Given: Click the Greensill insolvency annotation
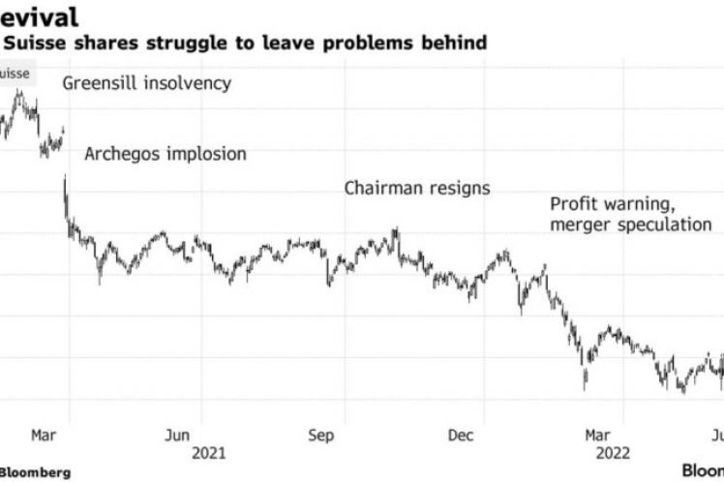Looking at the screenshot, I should pyautogui.click(x=147, y=83).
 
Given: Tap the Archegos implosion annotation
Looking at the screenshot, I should pyautogui.click(x=166, y=154).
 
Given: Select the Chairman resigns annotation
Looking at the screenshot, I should pyautogui.click(x=417, y=188).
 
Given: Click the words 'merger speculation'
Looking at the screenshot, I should pyautogui.click(x=630, y=225).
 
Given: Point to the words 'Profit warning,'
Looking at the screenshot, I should pyautogui.click(x=609, y=204).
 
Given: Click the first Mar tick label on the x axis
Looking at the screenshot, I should pyautogui.click(x=43, y=436).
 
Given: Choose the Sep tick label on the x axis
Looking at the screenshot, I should pyautogui.click(x=320, y=436).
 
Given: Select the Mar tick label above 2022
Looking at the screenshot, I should pyautogui.click(x=597, y=436).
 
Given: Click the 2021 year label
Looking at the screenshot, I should pyautogui.click(x=210, y=453).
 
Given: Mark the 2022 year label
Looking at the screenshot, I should pyautogui.click(x=614, y=453).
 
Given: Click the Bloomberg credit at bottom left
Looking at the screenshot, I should pyautogui.click(x=35, y=472).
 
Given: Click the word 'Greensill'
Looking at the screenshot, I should pyautogui.click(x=103, y=83).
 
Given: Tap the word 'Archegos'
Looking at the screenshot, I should pyautogui.click(x=121, y=154).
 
